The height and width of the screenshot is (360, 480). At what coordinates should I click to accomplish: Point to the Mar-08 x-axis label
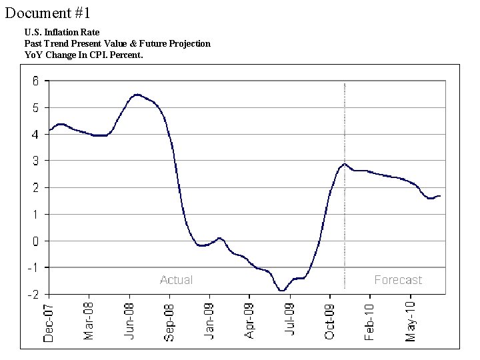point(89,321)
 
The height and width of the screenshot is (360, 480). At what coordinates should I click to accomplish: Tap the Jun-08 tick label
point(129,321)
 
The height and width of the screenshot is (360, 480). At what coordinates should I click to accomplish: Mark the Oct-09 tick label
point(330,321)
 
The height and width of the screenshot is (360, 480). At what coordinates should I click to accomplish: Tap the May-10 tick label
point(411,322)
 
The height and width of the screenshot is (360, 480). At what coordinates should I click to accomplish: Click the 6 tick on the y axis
point(35,81)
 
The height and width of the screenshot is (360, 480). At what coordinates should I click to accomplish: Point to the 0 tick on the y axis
point(35,241)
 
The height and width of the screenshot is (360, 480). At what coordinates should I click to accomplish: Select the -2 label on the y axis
point(33,294)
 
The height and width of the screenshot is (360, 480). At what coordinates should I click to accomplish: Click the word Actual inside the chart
point(176,280)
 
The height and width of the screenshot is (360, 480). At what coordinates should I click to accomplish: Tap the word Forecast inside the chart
point(398,280)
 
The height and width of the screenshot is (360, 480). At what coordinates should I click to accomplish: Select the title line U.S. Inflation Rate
point(61,32)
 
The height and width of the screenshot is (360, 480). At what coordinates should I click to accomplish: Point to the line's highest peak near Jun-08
point(137,95)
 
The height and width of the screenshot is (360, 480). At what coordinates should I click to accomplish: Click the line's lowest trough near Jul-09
point(282,291)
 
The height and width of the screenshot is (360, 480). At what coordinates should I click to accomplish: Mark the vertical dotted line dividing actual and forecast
point(344,200)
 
